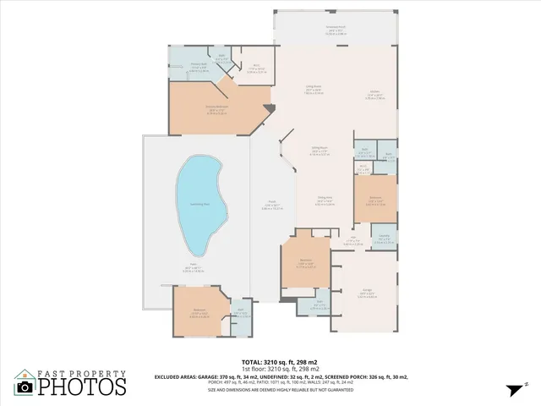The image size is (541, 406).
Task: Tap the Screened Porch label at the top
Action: point(337,27)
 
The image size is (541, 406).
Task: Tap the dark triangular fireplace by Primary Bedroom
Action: point(269,108)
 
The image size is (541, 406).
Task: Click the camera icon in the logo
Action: point(25,386)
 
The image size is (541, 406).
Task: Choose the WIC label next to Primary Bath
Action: point(221,58)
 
